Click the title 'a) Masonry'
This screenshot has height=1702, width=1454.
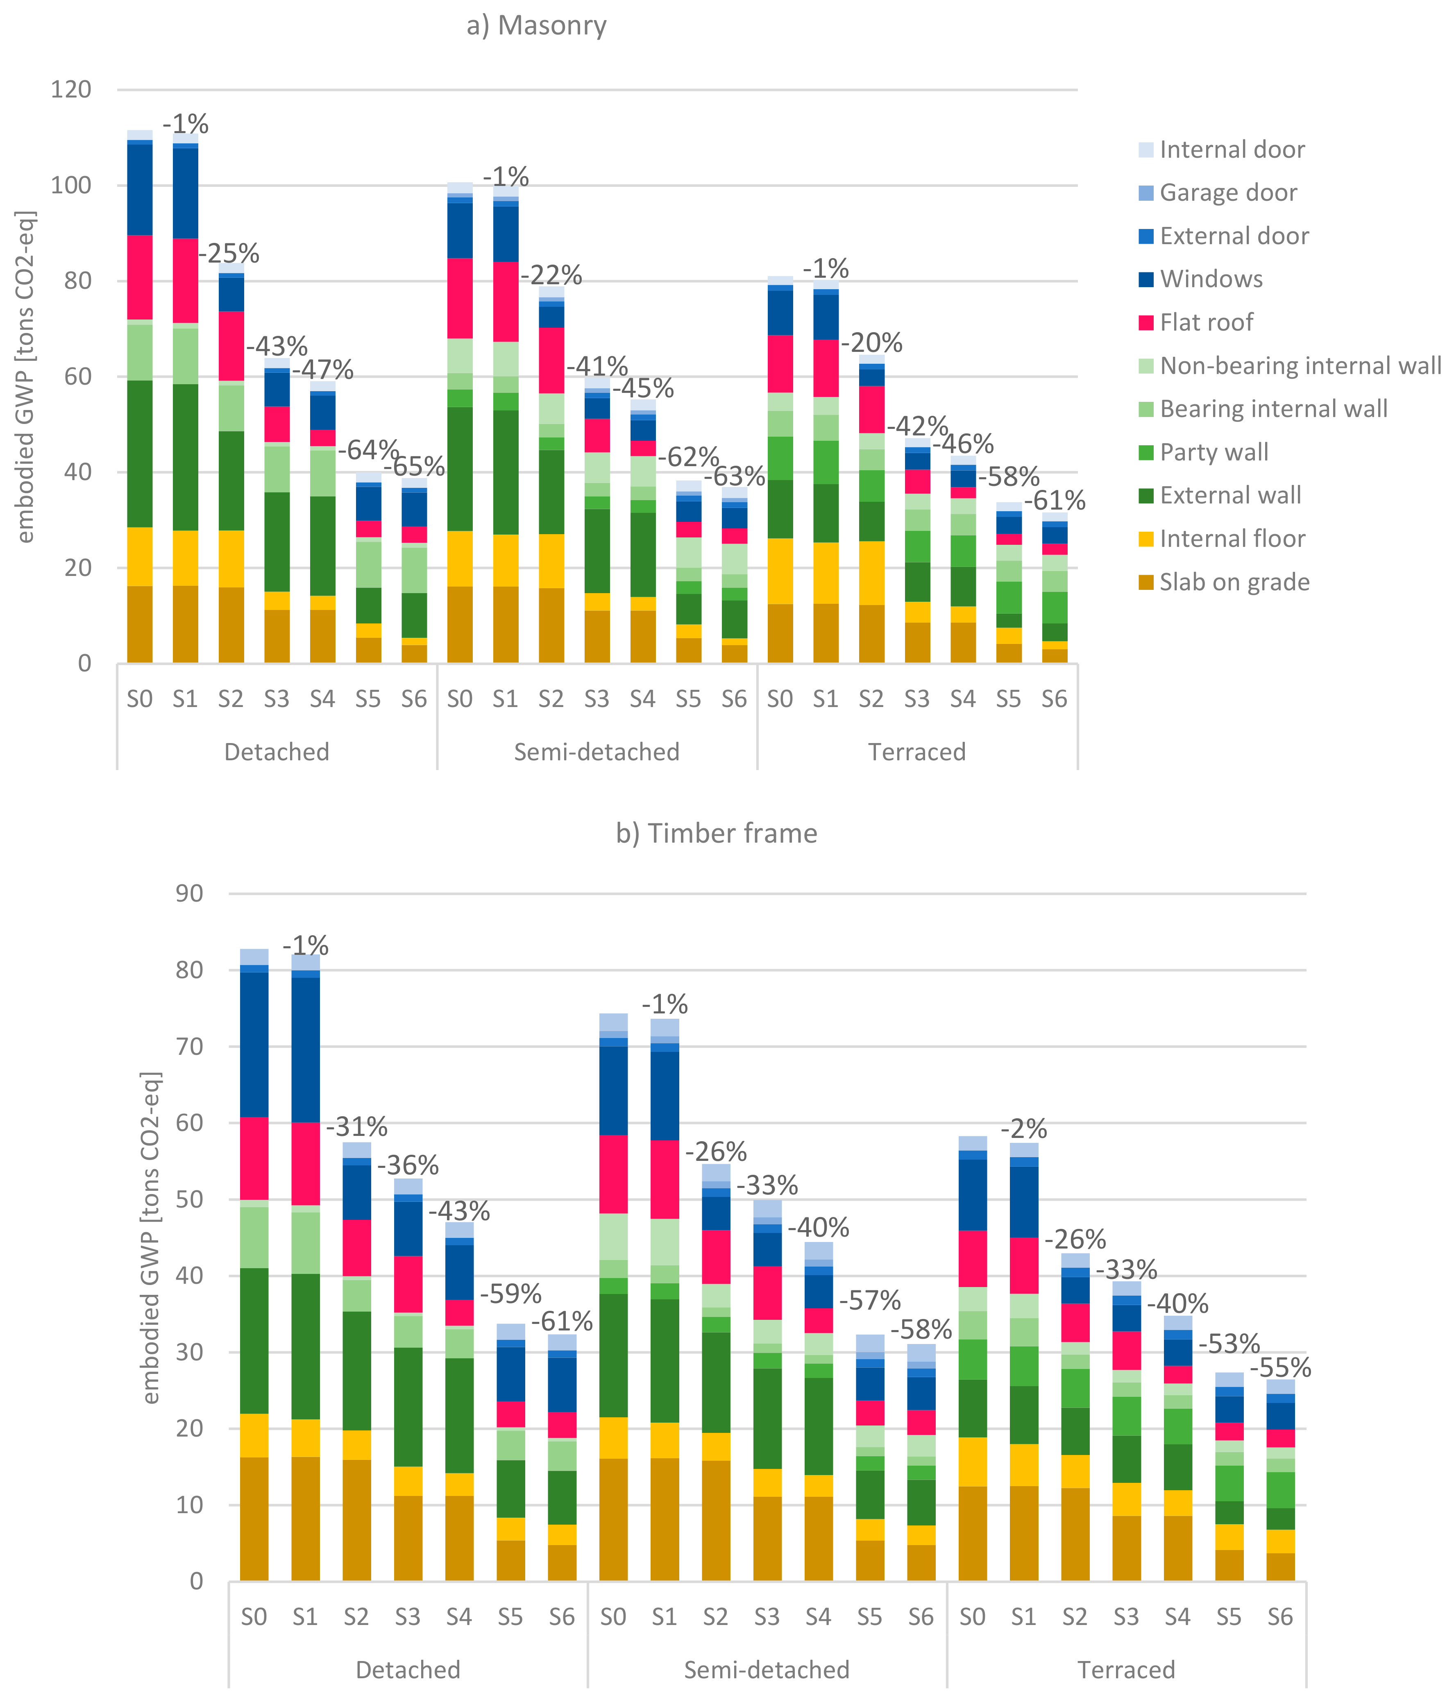[x=536, y=25]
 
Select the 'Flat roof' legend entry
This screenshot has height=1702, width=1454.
[x=1206, y=322]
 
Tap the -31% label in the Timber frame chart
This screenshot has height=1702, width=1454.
[x=356, y=1126]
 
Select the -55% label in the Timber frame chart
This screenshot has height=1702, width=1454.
[x=1280, y=1368]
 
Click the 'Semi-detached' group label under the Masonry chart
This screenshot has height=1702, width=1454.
[x=597, y=752]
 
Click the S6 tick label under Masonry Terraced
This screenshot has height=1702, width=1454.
[x=1054, y=699]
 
